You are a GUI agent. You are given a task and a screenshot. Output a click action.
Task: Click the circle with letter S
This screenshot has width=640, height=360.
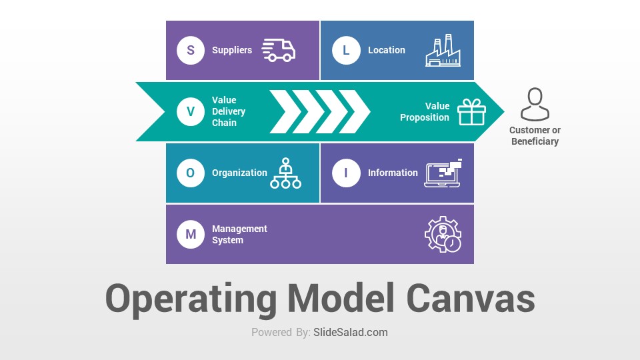191,50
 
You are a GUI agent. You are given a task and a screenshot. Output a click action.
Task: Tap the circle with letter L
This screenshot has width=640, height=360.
346,50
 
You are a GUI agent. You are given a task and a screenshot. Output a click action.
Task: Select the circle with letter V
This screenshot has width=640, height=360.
191,111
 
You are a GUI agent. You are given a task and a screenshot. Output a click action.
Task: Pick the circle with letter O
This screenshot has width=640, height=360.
191,173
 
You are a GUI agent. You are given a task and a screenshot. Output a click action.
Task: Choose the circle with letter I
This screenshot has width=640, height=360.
346,173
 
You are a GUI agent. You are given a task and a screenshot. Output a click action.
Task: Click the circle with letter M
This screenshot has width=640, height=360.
191,234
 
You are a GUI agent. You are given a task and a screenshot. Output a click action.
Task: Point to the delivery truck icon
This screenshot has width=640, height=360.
279,50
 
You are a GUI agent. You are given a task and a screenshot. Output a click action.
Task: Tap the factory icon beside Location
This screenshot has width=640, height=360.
443,50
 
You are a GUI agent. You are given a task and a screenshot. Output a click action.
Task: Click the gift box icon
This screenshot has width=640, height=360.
471,112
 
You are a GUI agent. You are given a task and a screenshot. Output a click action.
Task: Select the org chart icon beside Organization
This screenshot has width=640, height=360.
286,173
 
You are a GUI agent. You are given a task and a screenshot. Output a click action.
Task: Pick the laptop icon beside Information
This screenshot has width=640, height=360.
443,173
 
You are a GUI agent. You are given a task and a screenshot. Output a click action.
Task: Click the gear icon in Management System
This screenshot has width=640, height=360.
443,234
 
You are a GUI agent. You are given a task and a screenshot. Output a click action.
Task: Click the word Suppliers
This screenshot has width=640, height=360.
232,50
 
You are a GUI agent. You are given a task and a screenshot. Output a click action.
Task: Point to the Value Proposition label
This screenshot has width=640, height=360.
425,111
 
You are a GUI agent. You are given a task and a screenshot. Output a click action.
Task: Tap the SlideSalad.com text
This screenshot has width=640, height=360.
351,332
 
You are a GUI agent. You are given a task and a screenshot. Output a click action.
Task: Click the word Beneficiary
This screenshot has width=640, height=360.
535,141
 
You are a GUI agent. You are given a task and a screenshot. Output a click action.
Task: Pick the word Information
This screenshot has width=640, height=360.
393,173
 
